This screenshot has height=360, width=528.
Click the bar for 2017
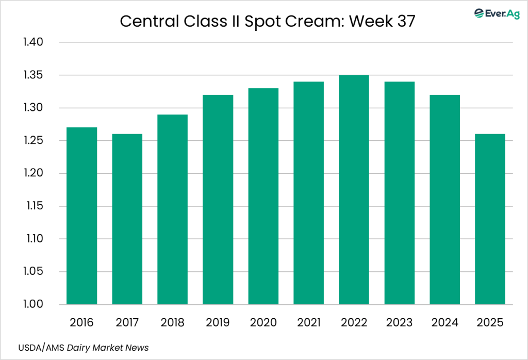[127, 219]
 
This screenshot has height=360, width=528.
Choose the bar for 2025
[490, 219]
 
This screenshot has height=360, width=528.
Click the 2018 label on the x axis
[173, 323]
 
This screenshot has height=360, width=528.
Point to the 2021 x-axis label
[308, 323]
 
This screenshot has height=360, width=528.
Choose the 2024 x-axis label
[444, 323]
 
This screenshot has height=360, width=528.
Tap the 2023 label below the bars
[399, 323]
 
